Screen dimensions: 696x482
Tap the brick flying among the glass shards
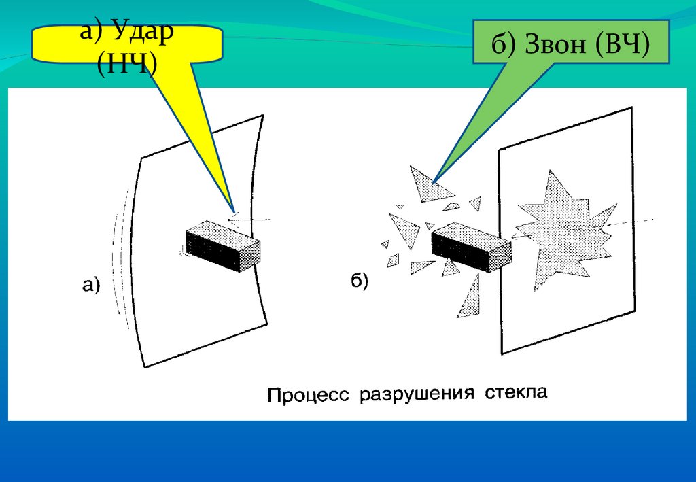471,248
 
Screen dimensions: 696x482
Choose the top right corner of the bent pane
261,117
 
